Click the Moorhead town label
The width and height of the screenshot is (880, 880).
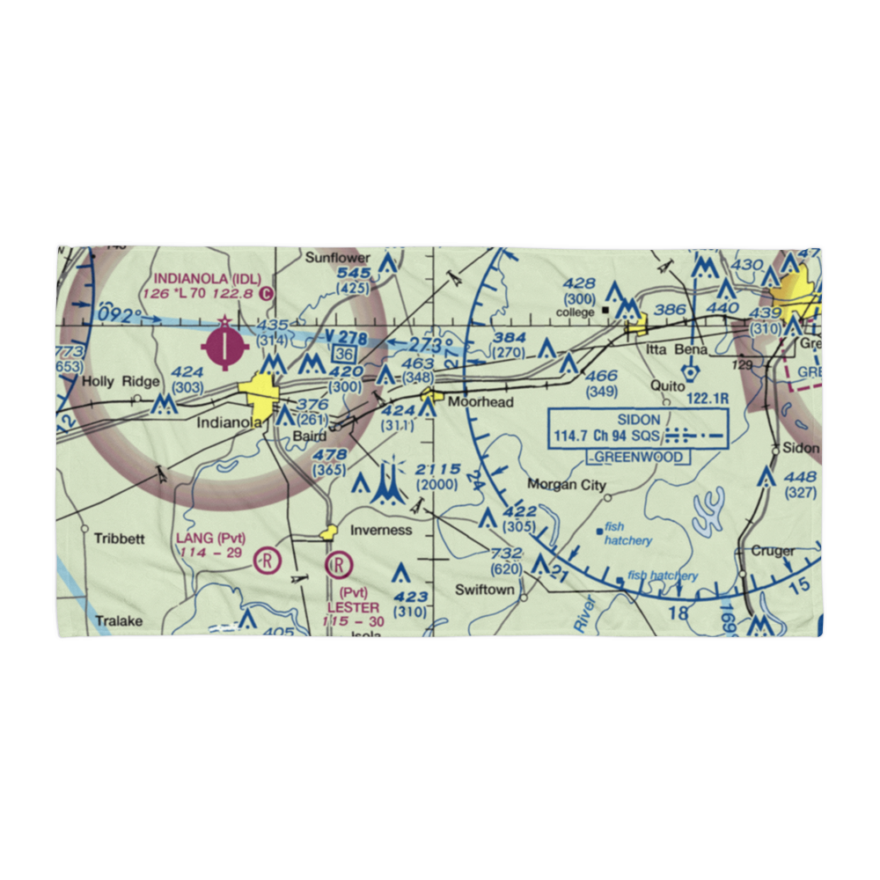coord(480,402)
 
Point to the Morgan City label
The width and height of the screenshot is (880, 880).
coord(567,485)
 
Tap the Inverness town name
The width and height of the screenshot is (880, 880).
coord(381,530)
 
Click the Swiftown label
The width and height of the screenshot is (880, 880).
coord(484,590)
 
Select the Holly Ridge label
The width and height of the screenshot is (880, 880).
coord(121,382)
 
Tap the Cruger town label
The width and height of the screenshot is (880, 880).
coord(773,551)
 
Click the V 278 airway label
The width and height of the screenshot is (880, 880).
coord(342,337)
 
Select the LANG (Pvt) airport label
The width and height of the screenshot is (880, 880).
coord(210,539)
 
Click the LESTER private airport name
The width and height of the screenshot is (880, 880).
coord(353,607)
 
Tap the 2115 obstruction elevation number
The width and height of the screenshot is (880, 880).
coord(436,467)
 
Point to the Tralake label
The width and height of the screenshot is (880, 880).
coord(119,620)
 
